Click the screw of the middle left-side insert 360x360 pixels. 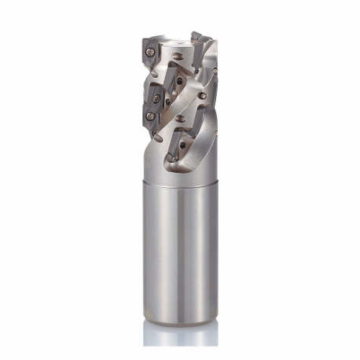(x=157, y=98)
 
